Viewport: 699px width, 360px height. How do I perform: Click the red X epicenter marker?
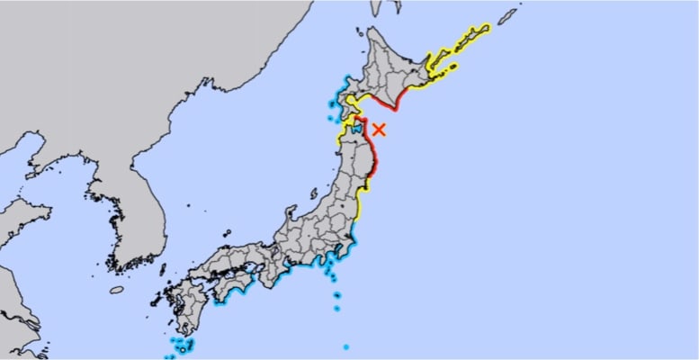tap(380, 129)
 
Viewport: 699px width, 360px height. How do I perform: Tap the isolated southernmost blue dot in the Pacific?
tap(345, 346)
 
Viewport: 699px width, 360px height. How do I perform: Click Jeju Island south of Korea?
tap(117, 290)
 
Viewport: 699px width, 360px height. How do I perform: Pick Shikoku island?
tap(230, 287)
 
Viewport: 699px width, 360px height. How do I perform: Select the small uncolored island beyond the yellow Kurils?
tap(509, 14)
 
